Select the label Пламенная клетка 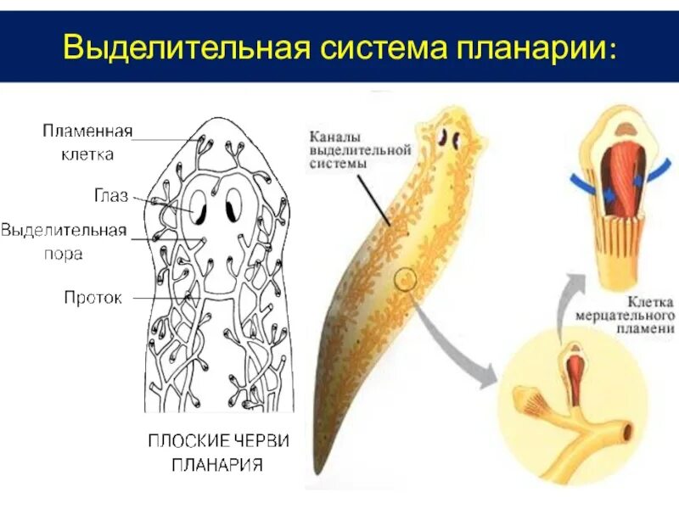(87, 142)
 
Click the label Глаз (110, 197)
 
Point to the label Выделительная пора (65, 241)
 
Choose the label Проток (93, 298)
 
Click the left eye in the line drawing (198, 206)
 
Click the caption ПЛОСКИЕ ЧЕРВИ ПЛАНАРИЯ (218, 451)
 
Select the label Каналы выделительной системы (361, 149)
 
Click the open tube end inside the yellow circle (627, 433)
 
